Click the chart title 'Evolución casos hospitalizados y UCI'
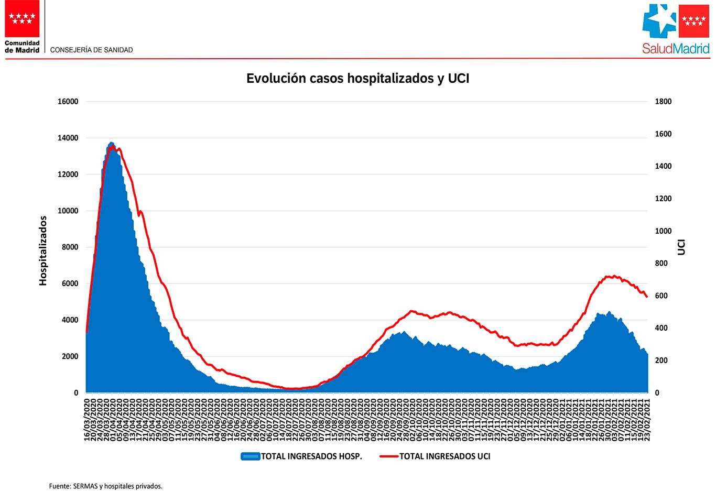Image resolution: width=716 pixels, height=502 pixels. [357, 79]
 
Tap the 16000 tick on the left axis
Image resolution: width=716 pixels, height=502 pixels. [68, 102]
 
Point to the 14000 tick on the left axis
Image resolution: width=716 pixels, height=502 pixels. [68, 138]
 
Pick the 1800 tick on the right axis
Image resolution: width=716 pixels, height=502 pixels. [663, 102]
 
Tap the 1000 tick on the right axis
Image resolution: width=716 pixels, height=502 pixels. [663, 231]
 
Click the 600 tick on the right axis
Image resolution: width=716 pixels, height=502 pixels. [661, 296]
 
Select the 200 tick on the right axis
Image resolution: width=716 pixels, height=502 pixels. [661, 361]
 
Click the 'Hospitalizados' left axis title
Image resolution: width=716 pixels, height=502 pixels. [43, 250]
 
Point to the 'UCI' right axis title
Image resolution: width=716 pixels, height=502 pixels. [681, 247]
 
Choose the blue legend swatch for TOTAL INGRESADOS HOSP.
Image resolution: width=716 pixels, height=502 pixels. [250, 456]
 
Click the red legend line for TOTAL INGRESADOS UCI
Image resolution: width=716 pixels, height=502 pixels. [389, 456]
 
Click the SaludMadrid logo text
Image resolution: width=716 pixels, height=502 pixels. [676, 49]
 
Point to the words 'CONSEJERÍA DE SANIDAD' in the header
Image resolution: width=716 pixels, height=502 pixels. [91, 50]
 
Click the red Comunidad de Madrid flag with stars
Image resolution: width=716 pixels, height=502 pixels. [22, 19]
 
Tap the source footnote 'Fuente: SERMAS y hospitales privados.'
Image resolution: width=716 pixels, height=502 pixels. [106, 486]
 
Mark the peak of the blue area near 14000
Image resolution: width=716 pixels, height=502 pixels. [111, 143]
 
